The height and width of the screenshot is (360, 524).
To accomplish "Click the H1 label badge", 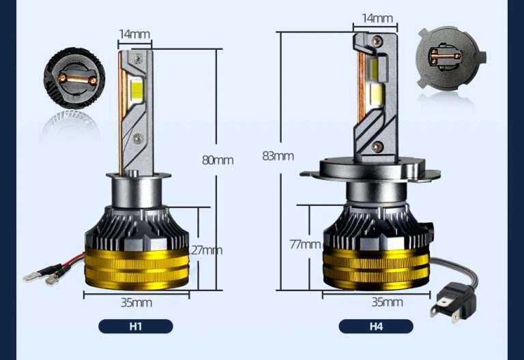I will (136, 326).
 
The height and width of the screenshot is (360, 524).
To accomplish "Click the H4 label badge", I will (376, 326).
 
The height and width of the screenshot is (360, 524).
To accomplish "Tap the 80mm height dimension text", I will (218, 160).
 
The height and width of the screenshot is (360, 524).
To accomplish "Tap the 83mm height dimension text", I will (278, 155).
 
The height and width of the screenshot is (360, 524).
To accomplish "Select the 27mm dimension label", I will (207, 250).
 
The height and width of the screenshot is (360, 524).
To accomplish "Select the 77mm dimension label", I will (304, 243).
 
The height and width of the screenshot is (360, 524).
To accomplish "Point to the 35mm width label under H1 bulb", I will (137, 302).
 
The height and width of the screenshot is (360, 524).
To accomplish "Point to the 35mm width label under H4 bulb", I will (388, 301).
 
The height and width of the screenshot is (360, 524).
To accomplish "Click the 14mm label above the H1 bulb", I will (134, 34).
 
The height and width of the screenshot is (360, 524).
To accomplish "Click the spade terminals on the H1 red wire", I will (41, 277).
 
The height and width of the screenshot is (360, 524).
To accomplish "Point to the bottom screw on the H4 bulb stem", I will (377, 145).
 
